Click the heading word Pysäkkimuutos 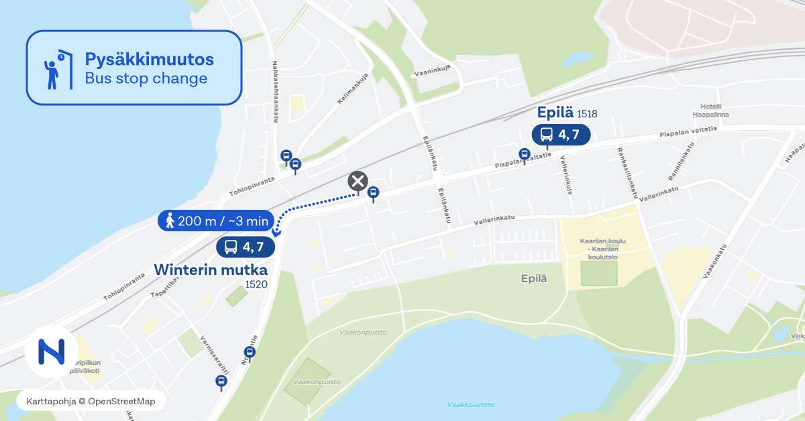149,59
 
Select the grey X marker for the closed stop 358,181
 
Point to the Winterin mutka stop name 211,269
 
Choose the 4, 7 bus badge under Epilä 561,134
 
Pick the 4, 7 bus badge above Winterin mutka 246,247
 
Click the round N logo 52,352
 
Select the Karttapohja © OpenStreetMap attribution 90,401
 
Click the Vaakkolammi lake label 470,404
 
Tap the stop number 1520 256,284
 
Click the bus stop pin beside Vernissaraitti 221,381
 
